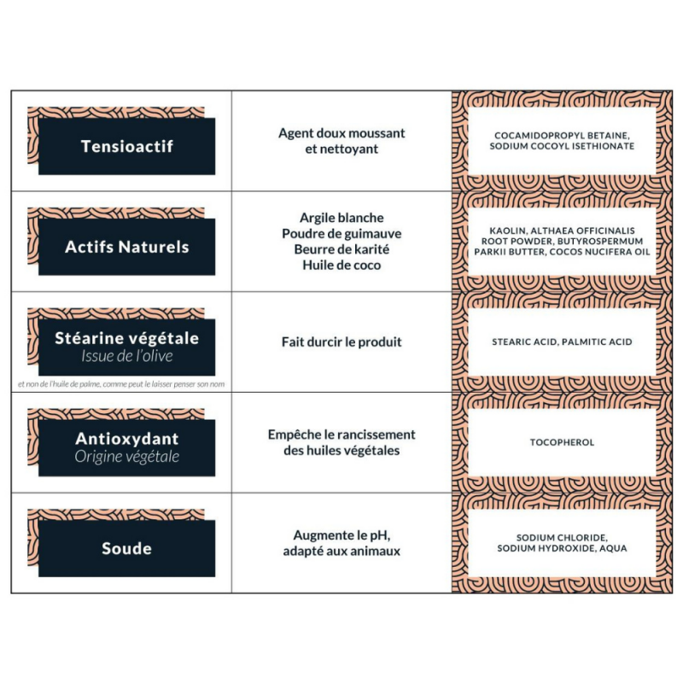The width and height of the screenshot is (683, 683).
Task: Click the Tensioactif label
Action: click(126, 146)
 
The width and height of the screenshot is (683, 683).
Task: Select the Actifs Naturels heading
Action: click(126, 247)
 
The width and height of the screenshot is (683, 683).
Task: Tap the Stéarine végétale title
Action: click(126, 338)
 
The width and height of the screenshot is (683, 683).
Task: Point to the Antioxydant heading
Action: click(126, 439)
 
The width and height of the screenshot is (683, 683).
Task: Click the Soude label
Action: click(126, 548)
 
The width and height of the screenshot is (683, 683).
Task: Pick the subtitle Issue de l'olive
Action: click(126, 356)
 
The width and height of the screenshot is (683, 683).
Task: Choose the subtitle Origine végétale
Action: click(126, 457)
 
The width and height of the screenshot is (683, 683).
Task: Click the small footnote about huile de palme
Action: click(120, 384)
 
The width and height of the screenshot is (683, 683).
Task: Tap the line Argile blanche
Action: click(341, 218)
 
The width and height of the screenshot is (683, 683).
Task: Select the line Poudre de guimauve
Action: click(341, 233)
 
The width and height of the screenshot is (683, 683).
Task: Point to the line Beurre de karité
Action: click(341, 249)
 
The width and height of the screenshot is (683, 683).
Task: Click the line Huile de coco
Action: click(341, 265)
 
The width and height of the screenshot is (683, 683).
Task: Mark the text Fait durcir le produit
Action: click(341, 341)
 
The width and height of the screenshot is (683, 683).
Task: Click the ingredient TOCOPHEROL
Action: click(562, 442)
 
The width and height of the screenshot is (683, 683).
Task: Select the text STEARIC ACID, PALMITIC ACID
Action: click(562, 341)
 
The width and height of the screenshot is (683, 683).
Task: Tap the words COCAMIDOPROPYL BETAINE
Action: click(562, 136)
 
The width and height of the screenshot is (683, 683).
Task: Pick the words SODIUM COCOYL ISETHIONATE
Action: click(562, 146)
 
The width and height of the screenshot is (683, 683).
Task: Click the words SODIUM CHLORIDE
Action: click(562, 537)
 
